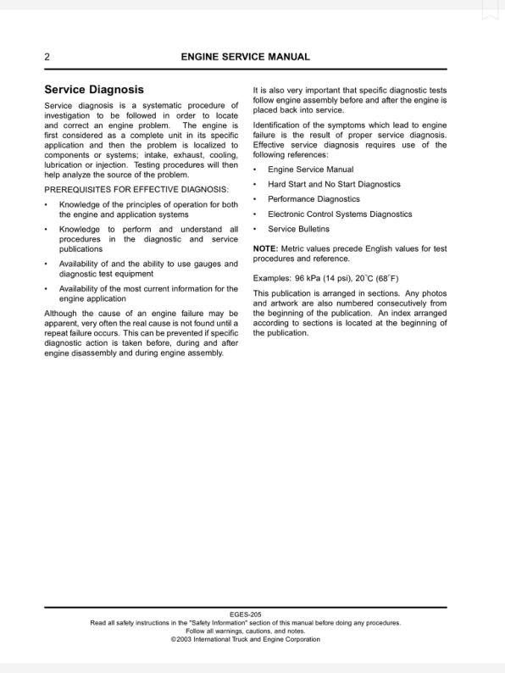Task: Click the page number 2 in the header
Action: (47, 58)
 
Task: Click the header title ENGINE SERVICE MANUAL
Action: (245, 58)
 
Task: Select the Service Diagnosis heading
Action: (94, 89)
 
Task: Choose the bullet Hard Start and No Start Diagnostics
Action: (334, 184)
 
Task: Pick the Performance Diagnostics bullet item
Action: (314, 199)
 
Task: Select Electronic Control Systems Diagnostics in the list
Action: (340, 214)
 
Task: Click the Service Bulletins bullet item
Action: (298, 229)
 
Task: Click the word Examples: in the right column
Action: (272, 277)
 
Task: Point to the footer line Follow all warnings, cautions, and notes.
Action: (245, 631)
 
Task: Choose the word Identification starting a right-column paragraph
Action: (281, 125)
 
